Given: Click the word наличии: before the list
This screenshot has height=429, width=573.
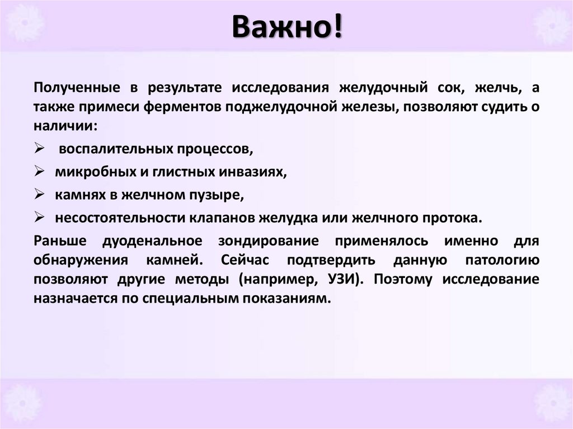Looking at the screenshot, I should (x=65, y=125).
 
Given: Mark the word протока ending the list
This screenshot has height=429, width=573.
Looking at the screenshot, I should (x=453, y=218).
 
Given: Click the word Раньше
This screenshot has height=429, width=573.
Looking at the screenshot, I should (x=60, y=241).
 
